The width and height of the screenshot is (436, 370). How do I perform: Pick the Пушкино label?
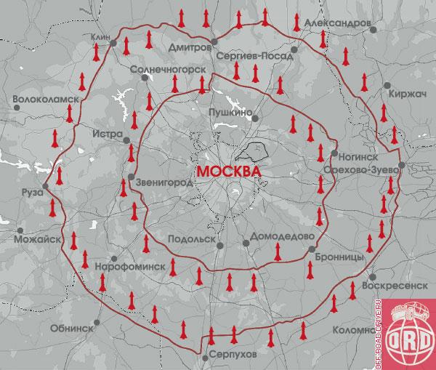pyautogui.click(x=230, y=113)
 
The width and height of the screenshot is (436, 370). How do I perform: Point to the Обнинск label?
pyautogui.click(x=72, y=328)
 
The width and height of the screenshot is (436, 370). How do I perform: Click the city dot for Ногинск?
pyautogui.click(x=333, y=154)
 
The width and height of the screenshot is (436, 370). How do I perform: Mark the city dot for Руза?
pyautogui.click(x=45, y=187)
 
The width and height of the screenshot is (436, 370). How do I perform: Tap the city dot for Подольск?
pyautogui.click(x=219, y=246)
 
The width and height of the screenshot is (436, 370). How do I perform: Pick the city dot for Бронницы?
pyautogui.click(x=311, y=249)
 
